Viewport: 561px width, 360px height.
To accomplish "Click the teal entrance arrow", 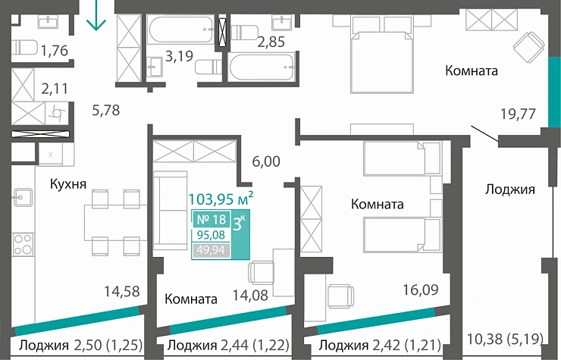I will point(96,16).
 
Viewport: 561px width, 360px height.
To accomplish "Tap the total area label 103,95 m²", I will point(220,200).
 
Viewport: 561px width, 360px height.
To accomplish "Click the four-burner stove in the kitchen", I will point(21,246).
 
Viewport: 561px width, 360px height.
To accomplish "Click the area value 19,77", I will point(518,114).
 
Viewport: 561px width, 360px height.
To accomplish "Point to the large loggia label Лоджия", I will point(509,189).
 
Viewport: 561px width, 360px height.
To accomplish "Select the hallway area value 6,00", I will point(265,161).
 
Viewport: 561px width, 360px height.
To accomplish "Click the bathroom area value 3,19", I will point(180,55).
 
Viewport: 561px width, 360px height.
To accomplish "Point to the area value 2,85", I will point(271,42).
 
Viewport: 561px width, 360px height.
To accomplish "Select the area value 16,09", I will point(420,289).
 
